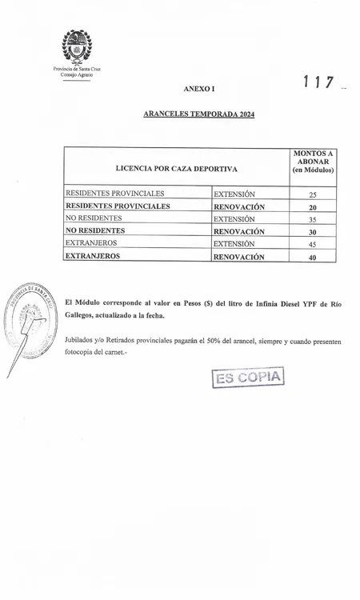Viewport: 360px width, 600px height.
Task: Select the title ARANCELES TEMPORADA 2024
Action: pyautogui.click(x=198, y=114)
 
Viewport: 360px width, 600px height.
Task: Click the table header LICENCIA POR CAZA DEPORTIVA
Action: pyautogui.click(x=176, y=169)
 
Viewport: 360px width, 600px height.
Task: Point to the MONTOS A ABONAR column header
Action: pyautogui.click(x=313, y=162)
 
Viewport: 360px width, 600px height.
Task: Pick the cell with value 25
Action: pyautogui.click(x=313, y=194)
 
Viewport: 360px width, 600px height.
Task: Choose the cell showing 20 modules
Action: pyautogui.click(x=313, y=207)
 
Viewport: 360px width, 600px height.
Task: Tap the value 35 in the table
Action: pyautogui.click(x=313, y=219)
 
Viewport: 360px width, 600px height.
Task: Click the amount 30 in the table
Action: pyautogui.click(x=313, y=232)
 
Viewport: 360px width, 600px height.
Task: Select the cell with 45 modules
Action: pyautogui.click(x=313, y=244)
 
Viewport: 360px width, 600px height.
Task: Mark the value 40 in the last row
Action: pyautogui.click(x=313, y=258)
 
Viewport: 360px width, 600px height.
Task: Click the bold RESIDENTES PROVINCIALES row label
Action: pyautogui.click(x=118, y=206)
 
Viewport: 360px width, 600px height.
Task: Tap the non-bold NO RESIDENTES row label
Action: pyautogui.click(x=94, y=218)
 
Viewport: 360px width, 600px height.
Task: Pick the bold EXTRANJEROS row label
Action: pyautogui.click(x=93, y=257)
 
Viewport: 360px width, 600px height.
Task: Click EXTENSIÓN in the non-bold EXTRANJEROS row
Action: pyautogui.click(x=234, y=243)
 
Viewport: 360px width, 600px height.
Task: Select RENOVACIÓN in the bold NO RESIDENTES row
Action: pyautogui.click(x=238, y=231)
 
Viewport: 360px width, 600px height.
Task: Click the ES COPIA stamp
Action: pyautogui.click(x=248, y=377)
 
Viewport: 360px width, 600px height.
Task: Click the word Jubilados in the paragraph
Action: pyautogui.click(x=82, y=342)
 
